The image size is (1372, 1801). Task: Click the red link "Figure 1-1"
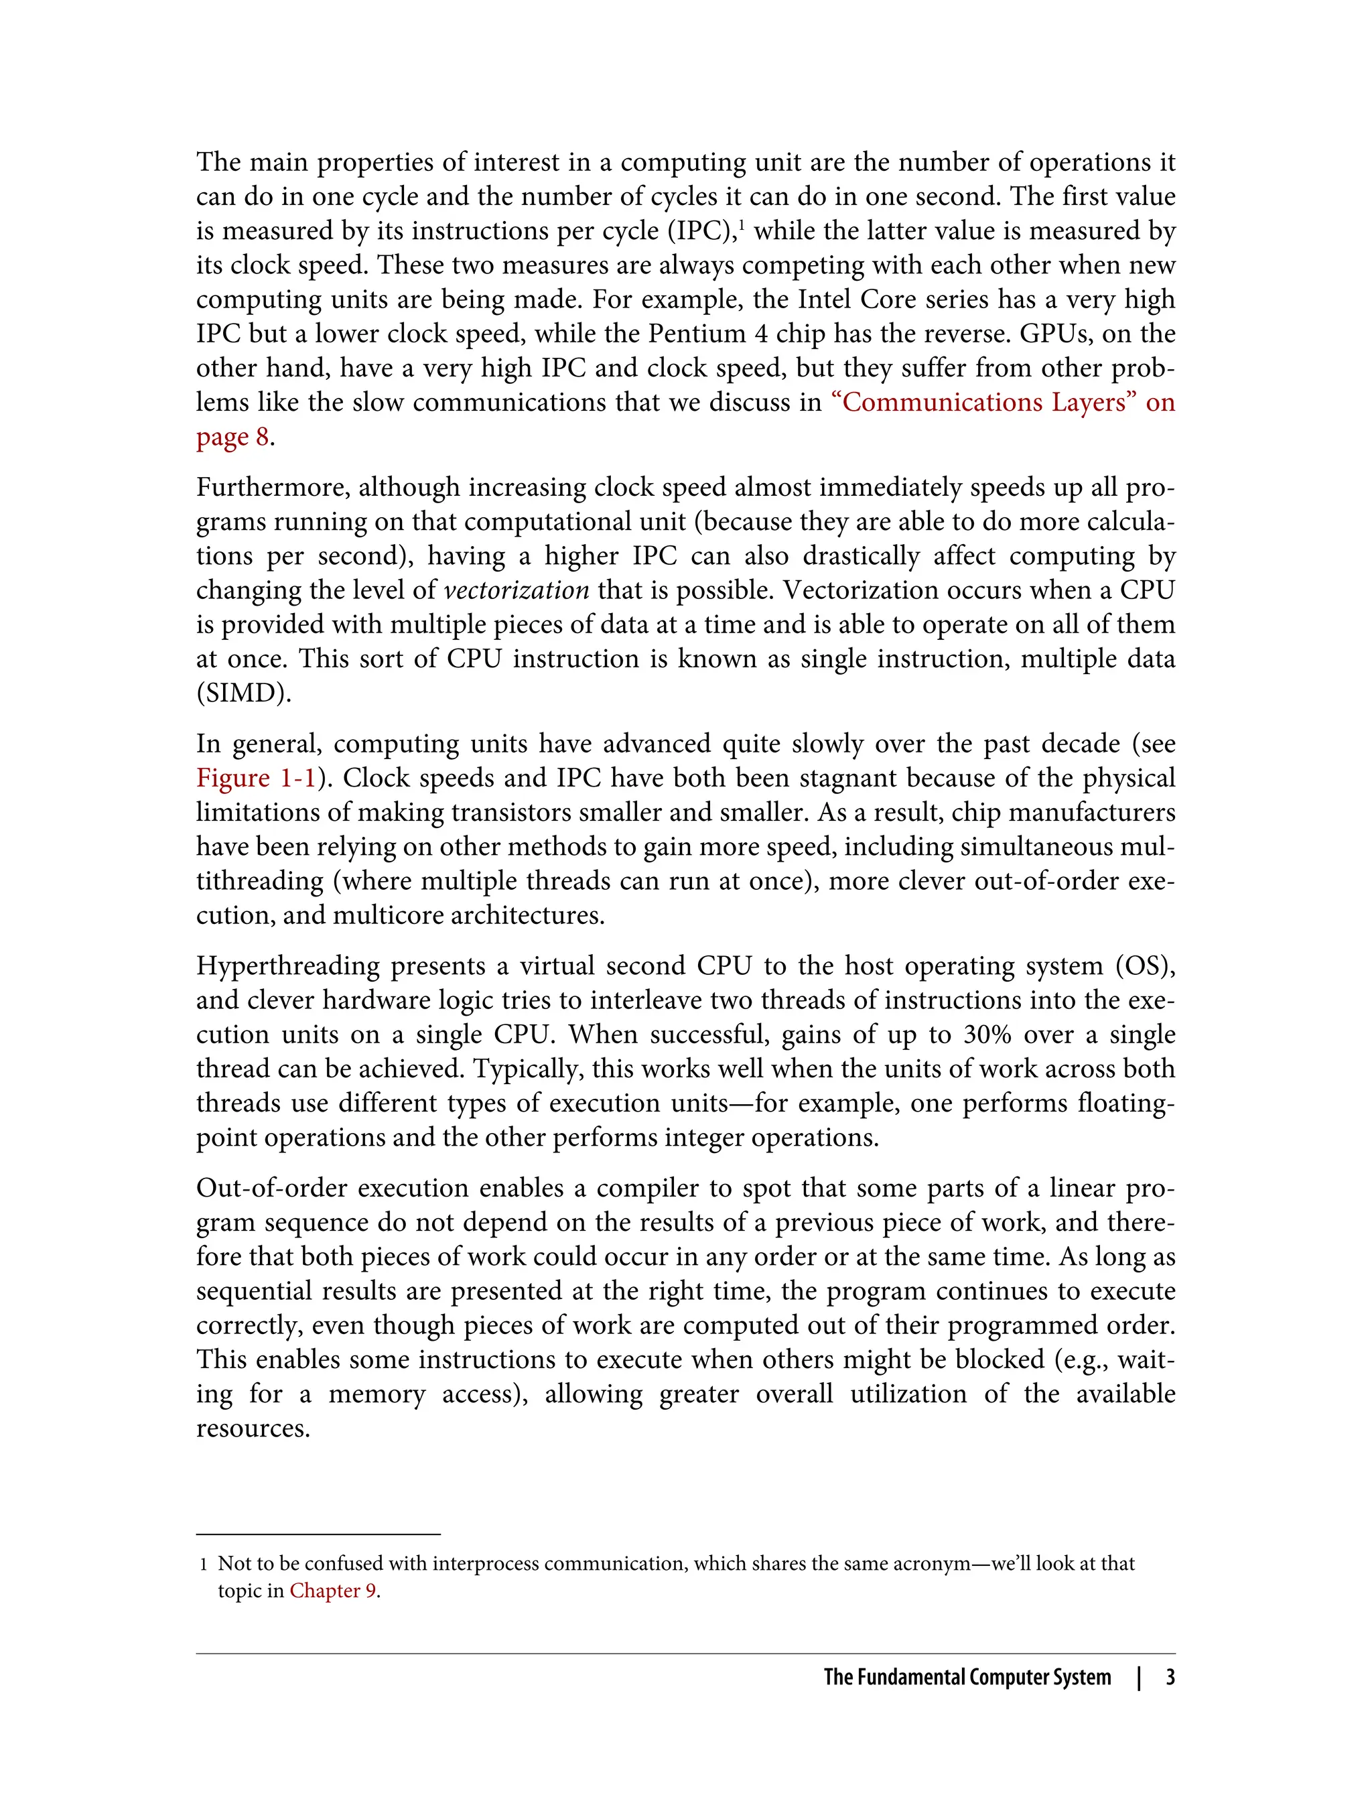click(x=256, y=778)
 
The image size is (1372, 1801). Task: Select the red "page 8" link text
click(x=232, y=437)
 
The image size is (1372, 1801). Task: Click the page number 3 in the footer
click(x=1170, y=1677)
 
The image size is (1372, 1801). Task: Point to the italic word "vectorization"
click(x=516, y=590)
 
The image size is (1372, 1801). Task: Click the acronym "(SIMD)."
click(x=243, y=693)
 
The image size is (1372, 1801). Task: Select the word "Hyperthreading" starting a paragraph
click(x=287, y=965)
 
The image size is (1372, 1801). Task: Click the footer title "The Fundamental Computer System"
click(x=967, y=1677)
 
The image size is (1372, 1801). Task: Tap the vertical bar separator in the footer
click(x=1140, y=1677)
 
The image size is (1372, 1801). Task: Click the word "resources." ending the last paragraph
click(x=253, y=1428)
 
